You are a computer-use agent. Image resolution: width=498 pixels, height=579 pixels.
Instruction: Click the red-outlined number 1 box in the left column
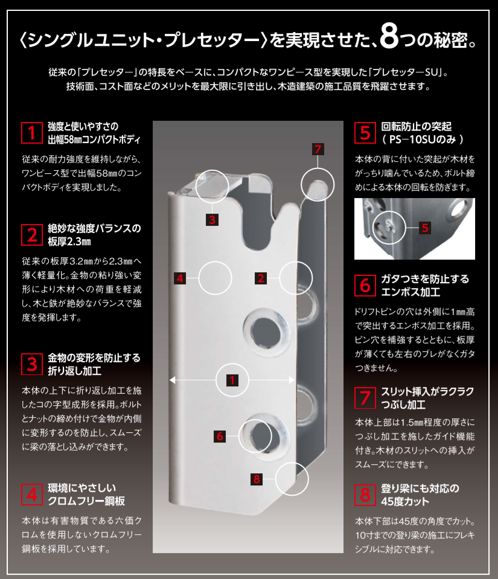[x=30, y=132]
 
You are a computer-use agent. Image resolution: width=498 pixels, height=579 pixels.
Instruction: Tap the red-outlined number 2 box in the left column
[x=30, y=234]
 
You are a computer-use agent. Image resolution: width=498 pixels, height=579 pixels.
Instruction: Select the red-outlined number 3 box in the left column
[x=30, y=363]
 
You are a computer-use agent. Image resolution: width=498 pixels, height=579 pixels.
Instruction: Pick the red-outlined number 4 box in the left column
[x=30, y=493]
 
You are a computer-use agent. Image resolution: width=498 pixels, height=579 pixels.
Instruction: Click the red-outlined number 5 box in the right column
[x=365, y=132]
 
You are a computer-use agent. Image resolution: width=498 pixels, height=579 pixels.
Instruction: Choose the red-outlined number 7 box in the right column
[x=365, y=397]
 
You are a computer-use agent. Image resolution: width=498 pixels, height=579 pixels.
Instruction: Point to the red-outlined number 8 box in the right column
[x=365, y=494]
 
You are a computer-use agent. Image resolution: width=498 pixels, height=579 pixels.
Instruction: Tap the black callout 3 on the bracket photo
[x=211, y=220]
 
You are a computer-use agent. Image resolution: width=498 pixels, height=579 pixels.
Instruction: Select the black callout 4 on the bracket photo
[x=179, y=278]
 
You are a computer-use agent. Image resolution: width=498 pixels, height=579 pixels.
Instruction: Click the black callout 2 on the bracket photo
[x=261, y=278]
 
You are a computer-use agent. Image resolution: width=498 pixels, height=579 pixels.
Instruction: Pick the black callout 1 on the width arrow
[x=231, y=380]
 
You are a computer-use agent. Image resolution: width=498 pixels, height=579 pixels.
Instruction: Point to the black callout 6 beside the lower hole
[x=220, y=435]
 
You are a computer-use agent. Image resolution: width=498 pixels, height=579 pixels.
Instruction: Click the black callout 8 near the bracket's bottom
[x=257, y=479]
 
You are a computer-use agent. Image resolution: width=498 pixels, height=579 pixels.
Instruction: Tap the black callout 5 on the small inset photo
[x=425, y=228]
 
